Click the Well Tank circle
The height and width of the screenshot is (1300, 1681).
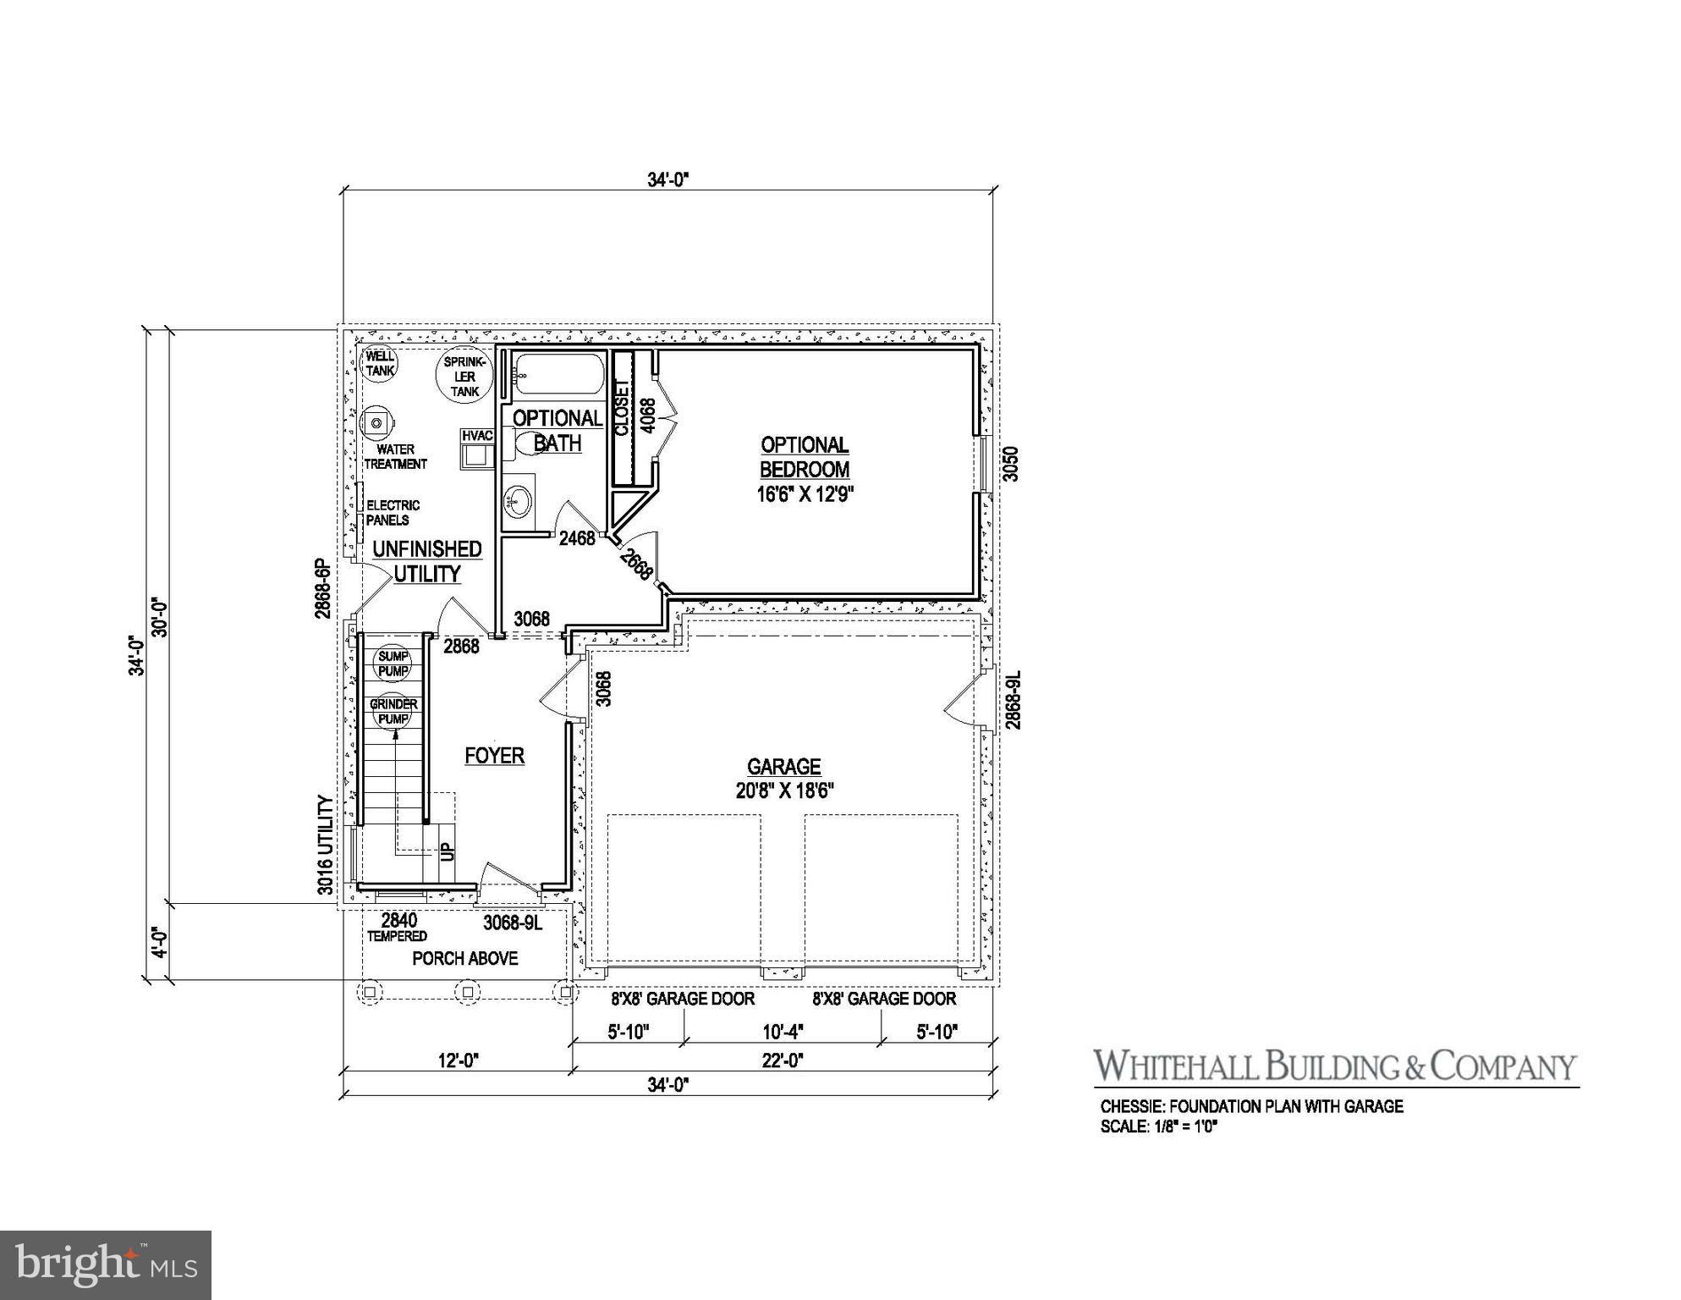click(379, 364)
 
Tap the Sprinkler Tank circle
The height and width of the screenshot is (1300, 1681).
click(464, 376)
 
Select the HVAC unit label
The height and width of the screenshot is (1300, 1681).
click(477, 435)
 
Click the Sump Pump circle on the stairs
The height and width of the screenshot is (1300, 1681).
click(393, 664)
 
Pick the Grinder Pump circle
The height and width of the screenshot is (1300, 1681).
click(393, 712)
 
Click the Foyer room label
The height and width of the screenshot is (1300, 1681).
click(494, 756)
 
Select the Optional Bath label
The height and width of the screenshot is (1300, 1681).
click(558, 430)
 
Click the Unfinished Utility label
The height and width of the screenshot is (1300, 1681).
click(427, 561)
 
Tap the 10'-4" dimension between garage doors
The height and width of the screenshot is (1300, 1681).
click(782, 1032)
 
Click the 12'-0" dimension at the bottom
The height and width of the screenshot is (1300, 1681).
click(459, 1060)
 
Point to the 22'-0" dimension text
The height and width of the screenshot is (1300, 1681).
click(782, 1060)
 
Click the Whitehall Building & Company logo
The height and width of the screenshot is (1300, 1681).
click(1335, 1066)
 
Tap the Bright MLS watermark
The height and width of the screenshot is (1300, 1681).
click(106, 1265)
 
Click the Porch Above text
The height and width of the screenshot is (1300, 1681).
click(464, 958)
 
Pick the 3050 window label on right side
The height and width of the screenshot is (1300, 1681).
click(1011, 464)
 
